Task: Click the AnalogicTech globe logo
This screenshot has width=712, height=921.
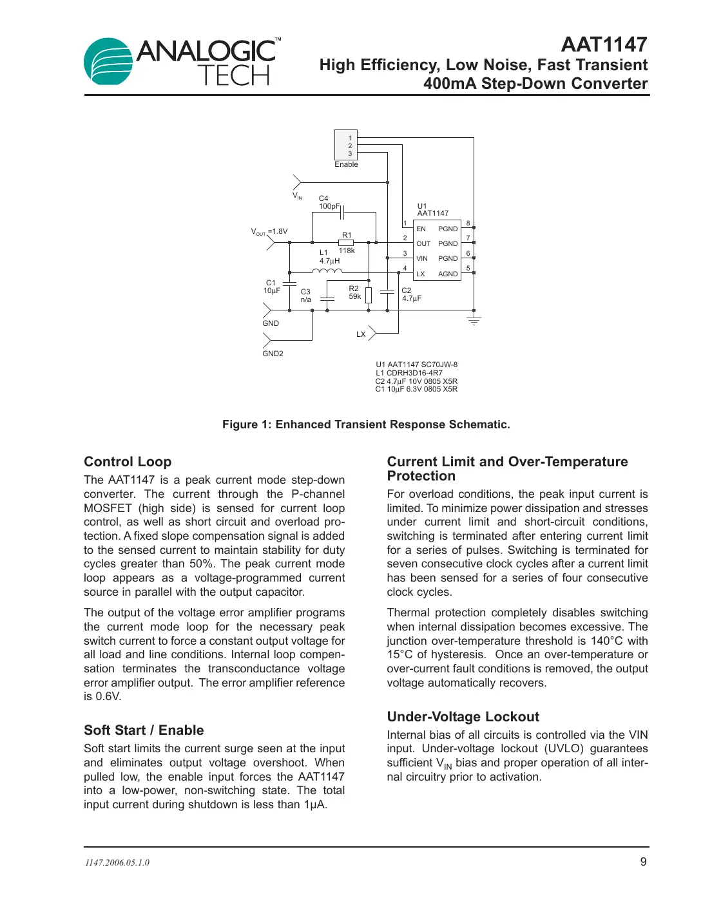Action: (x=108, y=61)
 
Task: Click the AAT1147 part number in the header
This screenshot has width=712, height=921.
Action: (x=604, y=44)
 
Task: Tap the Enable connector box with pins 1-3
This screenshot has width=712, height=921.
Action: (x=346, y=146)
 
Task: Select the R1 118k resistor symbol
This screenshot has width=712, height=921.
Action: (x=346, y=243)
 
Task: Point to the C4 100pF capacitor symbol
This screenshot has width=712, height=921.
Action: (x=343, y=212)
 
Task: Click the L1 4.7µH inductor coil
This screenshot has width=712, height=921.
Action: (x=327, y=272)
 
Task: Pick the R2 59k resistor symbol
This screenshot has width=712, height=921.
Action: (x=369, y=295)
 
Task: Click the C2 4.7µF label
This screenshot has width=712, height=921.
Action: (x=411, y=294)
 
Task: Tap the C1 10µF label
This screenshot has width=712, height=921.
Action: (x=271, y=287)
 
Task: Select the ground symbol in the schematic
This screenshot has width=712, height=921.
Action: (x=474, y=320)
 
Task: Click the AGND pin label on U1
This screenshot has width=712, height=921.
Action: (x=448, y=274)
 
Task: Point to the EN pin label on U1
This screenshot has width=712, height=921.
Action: (x=421, y=229)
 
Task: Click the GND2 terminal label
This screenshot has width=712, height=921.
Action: (x=273, y=354)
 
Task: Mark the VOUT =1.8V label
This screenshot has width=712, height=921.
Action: (x=269, y=232)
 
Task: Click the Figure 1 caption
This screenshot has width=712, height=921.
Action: (x=366, y=424)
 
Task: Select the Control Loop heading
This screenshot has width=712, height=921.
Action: (x=128, y=462)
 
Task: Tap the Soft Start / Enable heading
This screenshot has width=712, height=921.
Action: (x=144, y=730)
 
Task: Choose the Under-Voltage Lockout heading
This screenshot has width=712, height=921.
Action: (x=463, y=717)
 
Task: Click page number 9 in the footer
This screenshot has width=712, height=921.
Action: (x=643, y=862)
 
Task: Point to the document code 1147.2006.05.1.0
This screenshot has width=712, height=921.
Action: (x=117, y=863)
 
